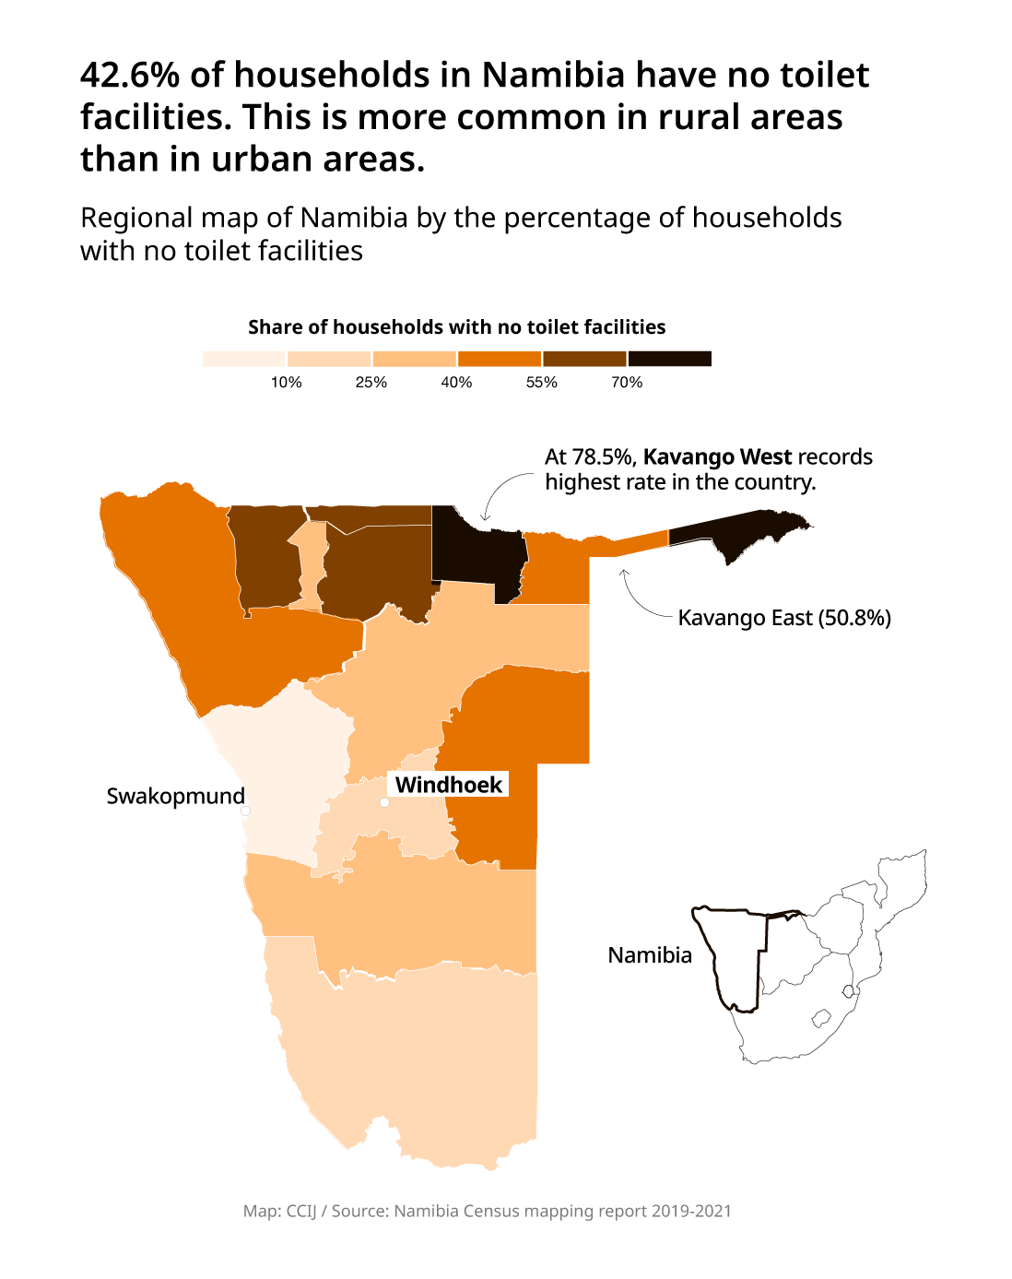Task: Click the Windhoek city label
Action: point(449,785)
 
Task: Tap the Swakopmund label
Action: point(175,796)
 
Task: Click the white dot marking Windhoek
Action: point(384,802)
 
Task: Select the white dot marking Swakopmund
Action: point(245,811)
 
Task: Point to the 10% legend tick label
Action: point(286,383)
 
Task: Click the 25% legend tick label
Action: point(371,383)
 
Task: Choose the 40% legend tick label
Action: point(456,383)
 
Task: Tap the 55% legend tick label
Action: point(542,383)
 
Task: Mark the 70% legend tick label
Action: point(627,383)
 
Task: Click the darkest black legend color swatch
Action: point(669,359)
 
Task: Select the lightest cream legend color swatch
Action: point(244,359)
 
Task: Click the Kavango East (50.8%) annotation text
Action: point(784,618)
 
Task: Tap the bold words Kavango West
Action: point(717,457)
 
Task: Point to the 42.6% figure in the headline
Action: point(129,75)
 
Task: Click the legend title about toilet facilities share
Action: point(456,327)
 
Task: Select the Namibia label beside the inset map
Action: point(650,955)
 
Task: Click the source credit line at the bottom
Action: point(488,1211)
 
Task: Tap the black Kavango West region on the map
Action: point(475,553)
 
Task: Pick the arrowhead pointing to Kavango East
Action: point(624,574)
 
